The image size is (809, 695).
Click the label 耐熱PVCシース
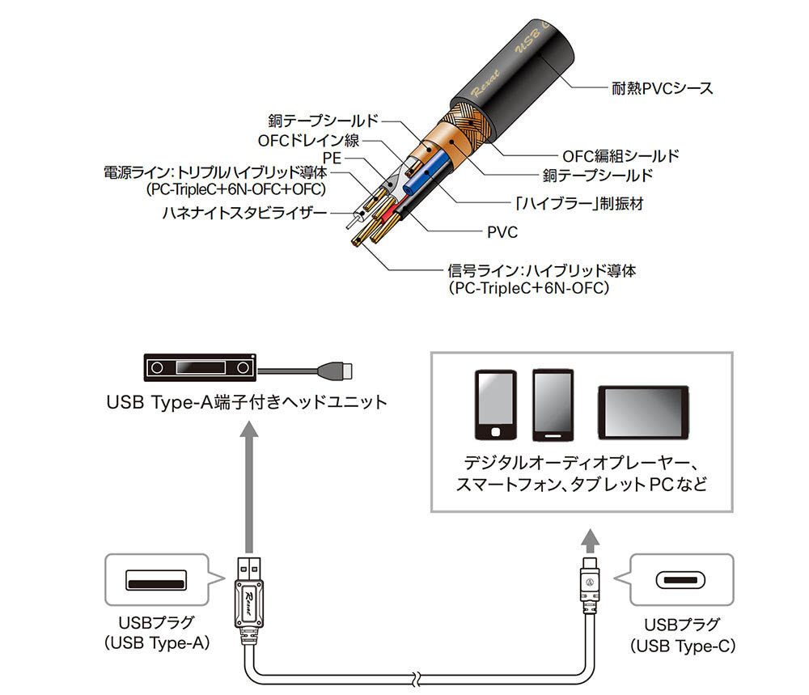pos(662,88)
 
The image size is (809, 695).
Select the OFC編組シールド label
pos(620,155)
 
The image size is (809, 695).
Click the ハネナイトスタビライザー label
pos(244,214)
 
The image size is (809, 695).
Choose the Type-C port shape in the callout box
pos(682,580)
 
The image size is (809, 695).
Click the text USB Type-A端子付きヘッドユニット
pos(247,402)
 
